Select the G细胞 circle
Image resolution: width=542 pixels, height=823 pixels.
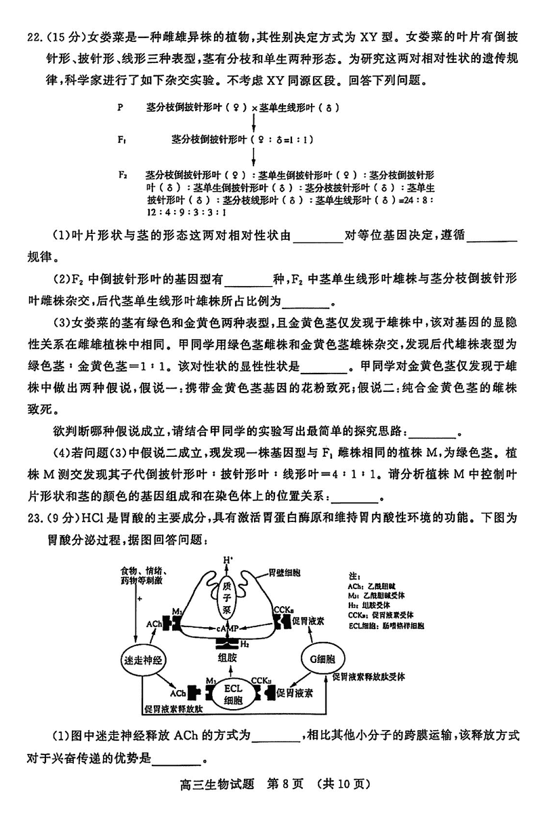(x=322, y=658)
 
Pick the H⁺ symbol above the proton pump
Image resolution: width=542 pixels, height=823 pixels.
(x=228, y=560)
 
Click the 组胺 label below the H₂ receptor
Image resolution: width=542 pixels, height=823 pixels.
(x=228, y=658)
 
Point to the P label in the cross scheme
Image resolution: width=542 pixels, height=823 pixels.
(x=120, y=107)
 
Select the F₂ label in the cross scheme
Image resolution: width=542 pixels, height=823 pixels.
(x=122, y=174)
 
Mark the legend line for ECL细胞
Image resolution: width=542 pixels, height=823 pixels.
(x=386, y=626)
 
